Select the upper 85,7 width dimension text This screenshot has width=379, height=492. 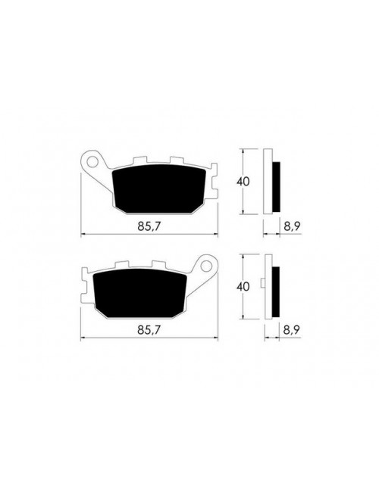coord(149,225)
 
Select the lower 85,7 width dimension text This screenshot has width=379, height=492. coord(149,330)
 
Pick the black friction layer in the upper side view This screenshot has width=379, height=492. coord(277,188)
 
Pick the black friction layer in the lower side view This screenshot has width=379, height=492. coord(277,293)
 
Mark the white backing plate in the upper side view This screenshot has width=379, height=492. coord(268,182)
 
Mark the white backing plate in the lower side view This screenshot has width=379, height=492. coord(268,287)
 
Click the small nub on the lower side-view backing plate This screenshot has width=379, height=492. coord(262,285)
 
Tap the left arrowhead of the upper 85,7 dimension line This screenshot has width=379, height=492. coord(83,232)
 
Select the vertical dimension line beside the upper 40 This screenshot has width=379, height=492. coord(241,182)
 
